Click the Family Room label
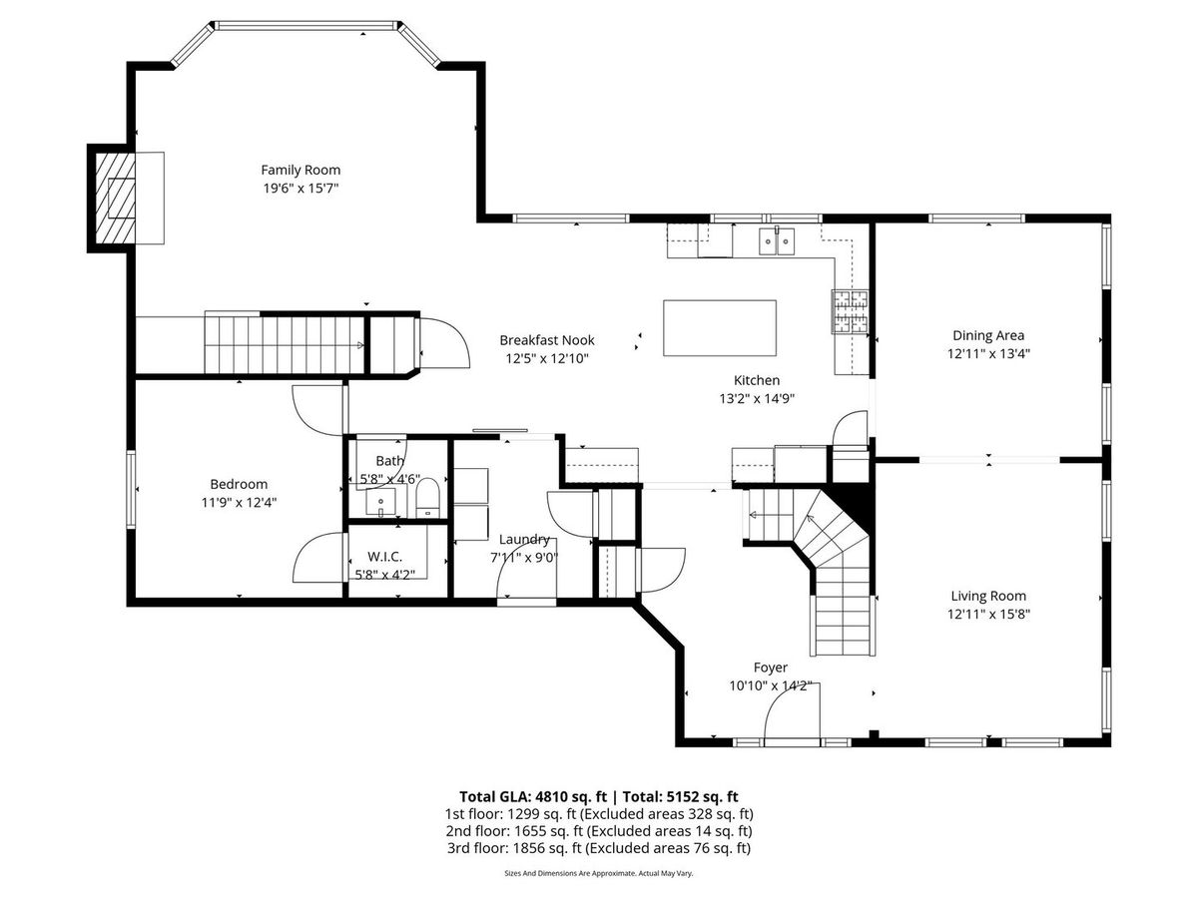pyautogui.click(x=300, y=170)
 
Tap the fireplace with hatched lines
pyautogui.click(x=116, y=198)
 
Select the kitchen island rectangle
pyautogui.click(x=720, y=327)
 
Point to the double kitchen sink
pyautogui.click(x=777, y=241)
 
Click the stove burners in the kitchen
pyautogui.click(x=850, y=311)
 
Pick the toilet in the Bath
pyautogui.click(x=427, y=498)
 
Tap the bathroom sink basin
pyautogui.click(x=380, y=502)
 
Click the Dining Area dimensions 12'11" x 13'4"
pyautogui.click(x=988, y=353)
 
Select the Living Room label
pyautogui.click(x=988, y=596)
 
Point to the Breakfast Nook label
pyautogui.click(x=547, y=340)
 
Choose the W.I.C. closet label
pyautogui.click(x=384, y=557)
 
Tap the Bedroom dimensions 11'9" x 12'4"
pyautogui.click(x=239, y=502)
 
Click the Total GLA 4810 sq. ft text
pyautogui.click(x=533, y=796)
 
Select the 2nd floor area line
pyautogui.click(x=599, y=831)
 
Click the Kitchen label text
pyautogui.click(x=757, y=380)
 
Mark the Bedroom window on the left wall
pyautogui.click(x=131, y=489)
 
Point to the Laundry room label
pyautogui.click(x=524, y=539)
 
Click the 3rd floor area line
pyautogui.click(x=599, y=848)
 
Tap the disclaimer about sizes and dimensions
pyautogui.click(x=599, y=873)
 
